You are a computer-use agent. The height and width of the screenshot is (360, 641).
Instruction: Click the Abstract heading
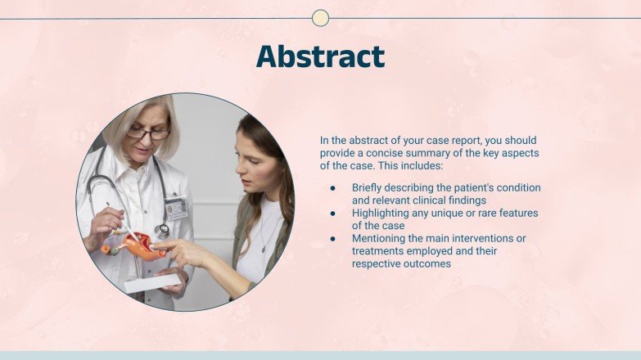pyautogui.click(x=320, y=56)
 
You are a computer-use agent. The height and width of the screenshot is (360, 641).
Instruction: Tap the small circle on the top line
pyautogui.click(x=321, y=18)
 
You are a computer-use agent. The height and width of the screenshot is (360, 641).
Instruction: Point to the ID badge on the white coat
pyautogui.click(x=176, y=208)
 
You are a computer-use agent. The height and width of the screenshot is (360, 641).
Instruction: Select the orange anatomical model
pyautogui.click(x=140, y=245)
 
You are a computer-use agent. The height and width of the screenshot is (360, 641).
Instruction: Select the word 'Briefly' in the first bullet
pyautogui.click(x=369, y=187)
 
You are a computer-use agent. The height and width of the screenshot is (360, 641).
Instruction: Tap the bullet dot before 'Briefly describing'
pyautogui.click(x=333, y=187)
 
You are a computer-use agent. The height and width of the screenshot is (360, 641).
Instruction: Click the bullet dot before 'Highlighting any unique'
pyautogui.click(x=333, y=213)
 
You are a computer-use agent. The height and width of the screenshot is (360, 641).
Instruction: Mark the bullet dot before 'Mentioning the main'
pyautogui.click(x=333, y=238)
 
